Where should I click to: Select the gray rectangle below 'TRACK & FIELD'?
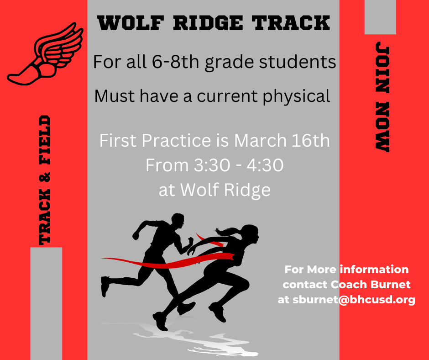[46, 303]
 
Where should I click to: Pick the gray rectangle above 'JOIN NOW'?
[380, 17]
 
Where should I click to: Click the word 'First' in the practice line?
[116, 141]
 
